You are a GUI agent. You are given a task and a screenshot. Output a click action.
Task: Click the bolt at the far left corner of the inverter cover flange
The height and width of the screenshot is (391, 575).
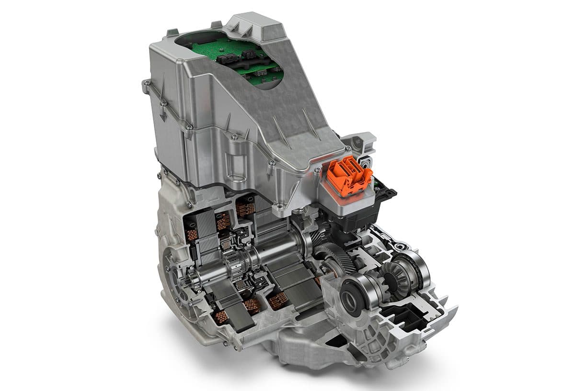click(145, 86)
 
